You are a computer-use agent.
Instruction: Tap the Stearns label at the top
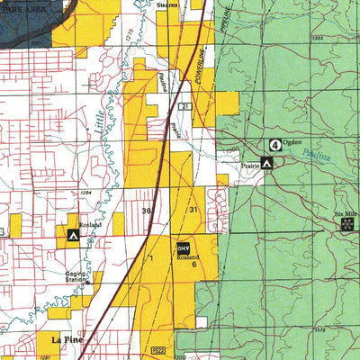pyautogui.click(x=166, y=4)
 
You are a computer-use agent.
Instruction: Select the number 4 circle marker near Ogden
pyautogui.click(x=274, y=144)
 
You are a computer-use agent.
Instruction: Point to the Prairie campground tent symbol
pyautogui.click(x=266, y=163)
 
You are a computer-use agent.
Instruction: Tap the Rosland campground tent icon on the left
pyautogui.click(x=73, y=236)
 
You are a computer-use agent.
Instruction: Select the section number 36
pyautogui.click(x=146, y=210)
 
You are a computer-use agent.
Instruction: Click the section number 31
pyautogui.click(x=192, y=210)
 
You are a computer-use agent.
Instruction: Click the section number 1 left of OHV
pyautogui.click(x=152, y=258)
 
